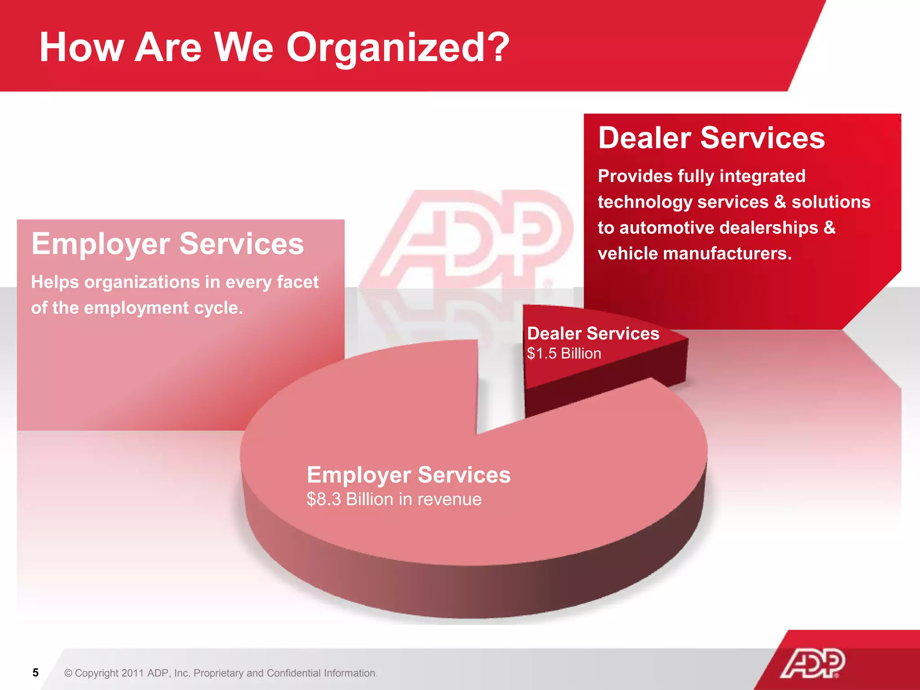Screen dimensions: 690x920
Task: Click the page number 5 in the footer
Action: pos(35,672)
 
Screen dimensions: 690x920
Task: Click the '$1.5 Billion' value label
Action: pos(564,354)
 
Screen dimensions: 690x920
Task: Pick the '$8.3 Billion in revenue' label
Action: pos(394,499)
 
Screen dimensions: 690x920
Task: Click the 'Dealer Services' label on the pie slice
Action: pos(593,333)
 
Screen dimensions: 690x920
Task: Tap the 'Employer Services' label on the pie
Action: pos(408,474)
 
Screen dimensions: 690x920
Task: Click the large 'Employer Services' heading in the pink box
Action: pos(168,243)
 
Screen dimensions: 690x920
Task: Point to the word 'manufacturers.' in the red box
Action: pos(727,254)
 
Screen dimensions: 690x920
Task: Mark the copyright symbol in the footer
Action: pos(68,673)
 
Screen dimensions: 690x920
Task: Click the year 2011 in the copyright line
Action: pos(133,673)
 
